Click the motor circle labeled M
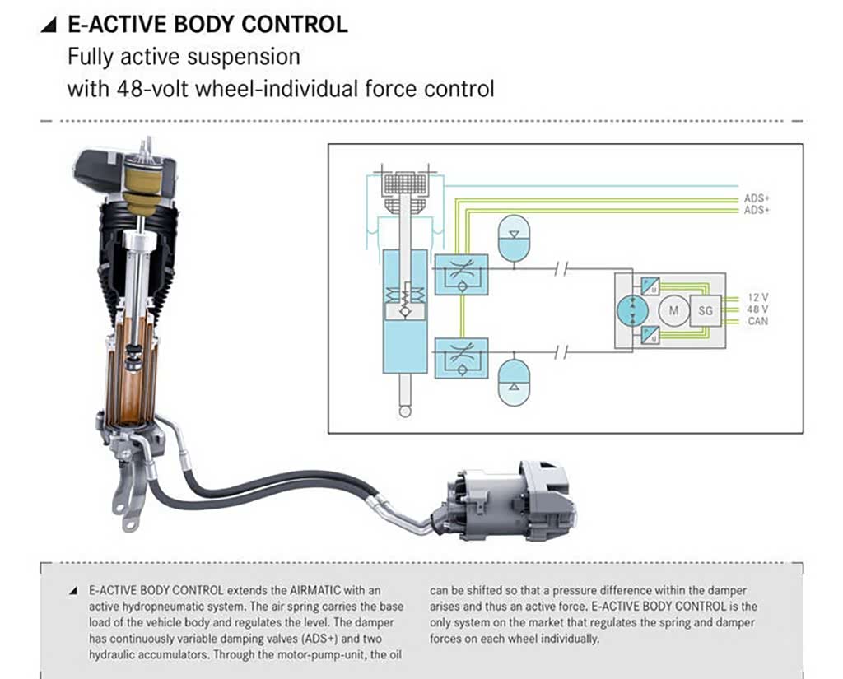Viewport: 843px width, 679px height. click(x=674, y=310)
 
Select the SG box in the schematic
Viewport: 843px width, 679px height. click(x=705, y=310)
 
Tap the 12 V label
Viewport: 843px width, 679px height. click(x=757, y=296)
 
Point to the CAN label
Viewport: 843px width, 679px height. click(x=757, y=321)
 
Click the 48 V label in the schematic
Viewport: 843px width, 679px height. click(x=757, y=309)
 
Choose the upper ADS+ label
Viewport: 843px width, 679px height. click(x=756, y=198)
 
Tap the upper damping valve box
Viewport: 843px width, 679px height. click(x=462, y=273)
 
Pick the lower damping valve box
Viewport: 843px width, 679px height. click(x=462, y=356)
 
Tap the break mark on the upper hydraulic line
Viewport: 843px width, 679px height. click(x=561, y=269)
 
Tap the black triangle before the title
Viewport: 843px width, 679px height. click(x=49, y=25)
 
